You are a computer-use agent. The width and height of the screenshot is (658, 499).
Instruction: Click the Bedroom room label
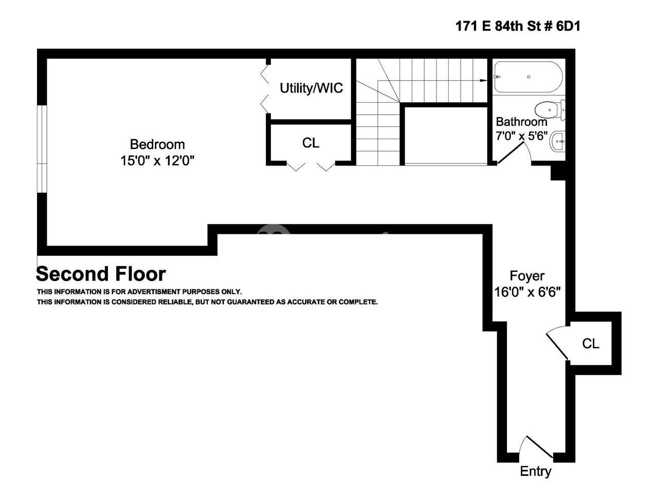point(157,144)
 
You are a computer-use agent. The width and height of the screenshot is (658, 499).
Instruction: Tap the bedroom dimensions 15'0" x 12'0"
point(157,161)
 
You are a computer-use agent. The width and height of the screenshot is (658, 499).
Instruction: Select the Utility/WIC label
point(311,88)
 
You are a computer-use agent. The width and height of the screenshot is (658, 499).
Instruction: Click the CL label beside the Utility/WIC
point(310,143)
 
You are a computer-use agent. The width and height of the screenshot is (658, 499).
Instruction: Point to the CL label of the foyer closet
point(591,343)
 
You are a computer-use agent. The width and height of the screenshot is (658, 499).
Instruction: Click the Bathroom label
point(521,122)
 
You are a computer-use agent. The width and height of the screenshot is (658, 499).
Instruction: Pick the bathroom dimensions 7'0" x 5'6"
point(522,136)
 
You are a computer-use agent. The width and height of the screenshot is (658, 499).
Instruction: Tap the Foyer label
point(527,276)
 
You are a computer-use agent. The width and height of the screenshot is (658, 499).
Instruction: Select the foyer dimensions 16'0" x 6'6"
point(527,292)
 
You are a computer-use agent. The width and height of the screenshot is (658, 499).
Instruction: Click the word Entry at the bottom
point(535,471)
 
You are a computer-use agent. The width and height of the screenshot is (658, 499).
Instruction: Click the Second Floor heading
point(101,274)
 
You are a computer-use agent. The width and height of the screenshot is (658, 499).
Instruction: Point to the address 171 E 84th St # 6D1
point(518,26)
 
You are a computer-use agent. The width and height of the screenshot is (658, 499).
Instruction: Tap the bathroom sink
point(558,141)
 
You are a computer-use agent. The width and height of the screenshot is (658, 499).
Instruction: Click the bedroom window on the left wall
point(42,149)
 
